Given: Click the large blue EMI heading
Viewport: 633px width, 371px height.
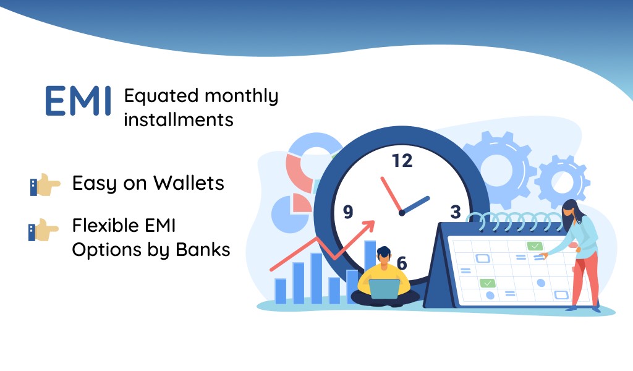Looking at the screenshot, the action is tap(78, 101).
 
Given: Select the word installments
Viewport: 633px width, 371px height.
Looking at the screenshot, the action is tap(179, 119).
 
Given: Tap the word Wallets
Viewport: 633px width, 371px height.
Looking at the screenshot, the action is tap(189, 183).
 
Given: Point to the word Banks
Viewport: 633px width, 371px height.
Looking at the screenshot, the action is tap(203, 249).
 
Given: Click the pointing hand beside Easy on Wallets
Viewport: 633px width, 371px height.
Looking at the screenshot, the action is tap(45, 185).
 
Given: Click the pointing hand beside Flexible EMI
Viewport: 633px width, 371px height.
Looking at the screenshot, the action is tap(44, 229).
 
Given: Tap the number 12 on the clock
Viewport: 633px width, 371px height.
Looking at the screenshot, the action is tap(402, 161).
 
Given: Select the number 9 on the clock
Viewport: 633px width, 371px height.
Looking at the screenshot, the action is tap(348, 211).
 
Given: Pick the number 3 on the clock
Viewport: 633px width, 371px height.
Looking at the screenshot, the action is tap(456, 211).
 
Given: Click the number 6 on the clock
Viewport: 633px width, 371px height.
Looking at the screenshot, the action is tap(402, 263).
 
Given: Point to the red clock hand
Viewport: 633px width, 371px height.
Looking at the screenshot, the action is tap(391, 195).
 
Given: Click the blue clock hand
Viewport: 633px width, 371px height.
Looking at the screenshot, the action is tap(415, 205).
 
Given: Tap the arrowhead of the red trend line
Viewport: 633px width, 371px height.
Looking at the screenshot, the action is tap(369, 226).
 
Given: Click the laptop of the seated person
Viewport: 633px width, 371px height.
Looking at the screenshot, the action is tap(384, 289).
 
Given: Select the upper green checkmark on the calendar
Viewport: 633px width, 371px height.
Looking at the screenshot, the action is tap(535, 245).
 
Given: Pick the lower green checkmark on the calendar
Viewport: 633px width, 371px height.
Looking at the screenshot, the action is tap(487, 283).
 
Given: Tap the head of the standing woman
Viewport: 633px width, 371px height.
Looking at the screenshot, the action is tap(571, 210).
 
